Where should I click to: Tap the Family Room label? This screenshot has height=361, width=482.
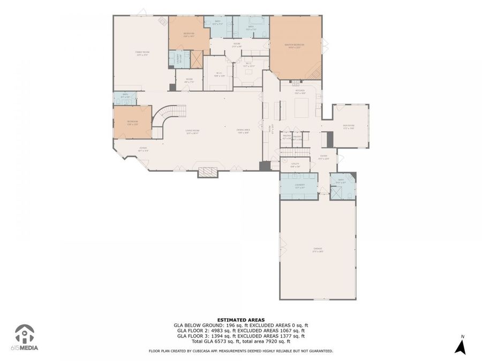click(142, 52)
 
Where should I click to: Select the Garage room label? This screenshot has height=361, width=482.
click(318, 250)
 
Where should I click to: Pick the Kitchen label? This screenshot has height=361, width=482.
click(300, 91)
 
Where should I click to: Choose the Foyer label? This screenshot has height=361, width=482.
click(143, 149)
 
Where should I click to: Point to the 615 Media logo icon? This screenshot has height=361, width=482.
click(24, 334)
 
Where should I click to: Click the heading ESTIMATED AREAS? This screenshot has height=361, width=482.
click(240, 320)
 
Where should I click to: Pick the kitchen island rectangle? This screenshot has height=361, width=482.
click(300, 109)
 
